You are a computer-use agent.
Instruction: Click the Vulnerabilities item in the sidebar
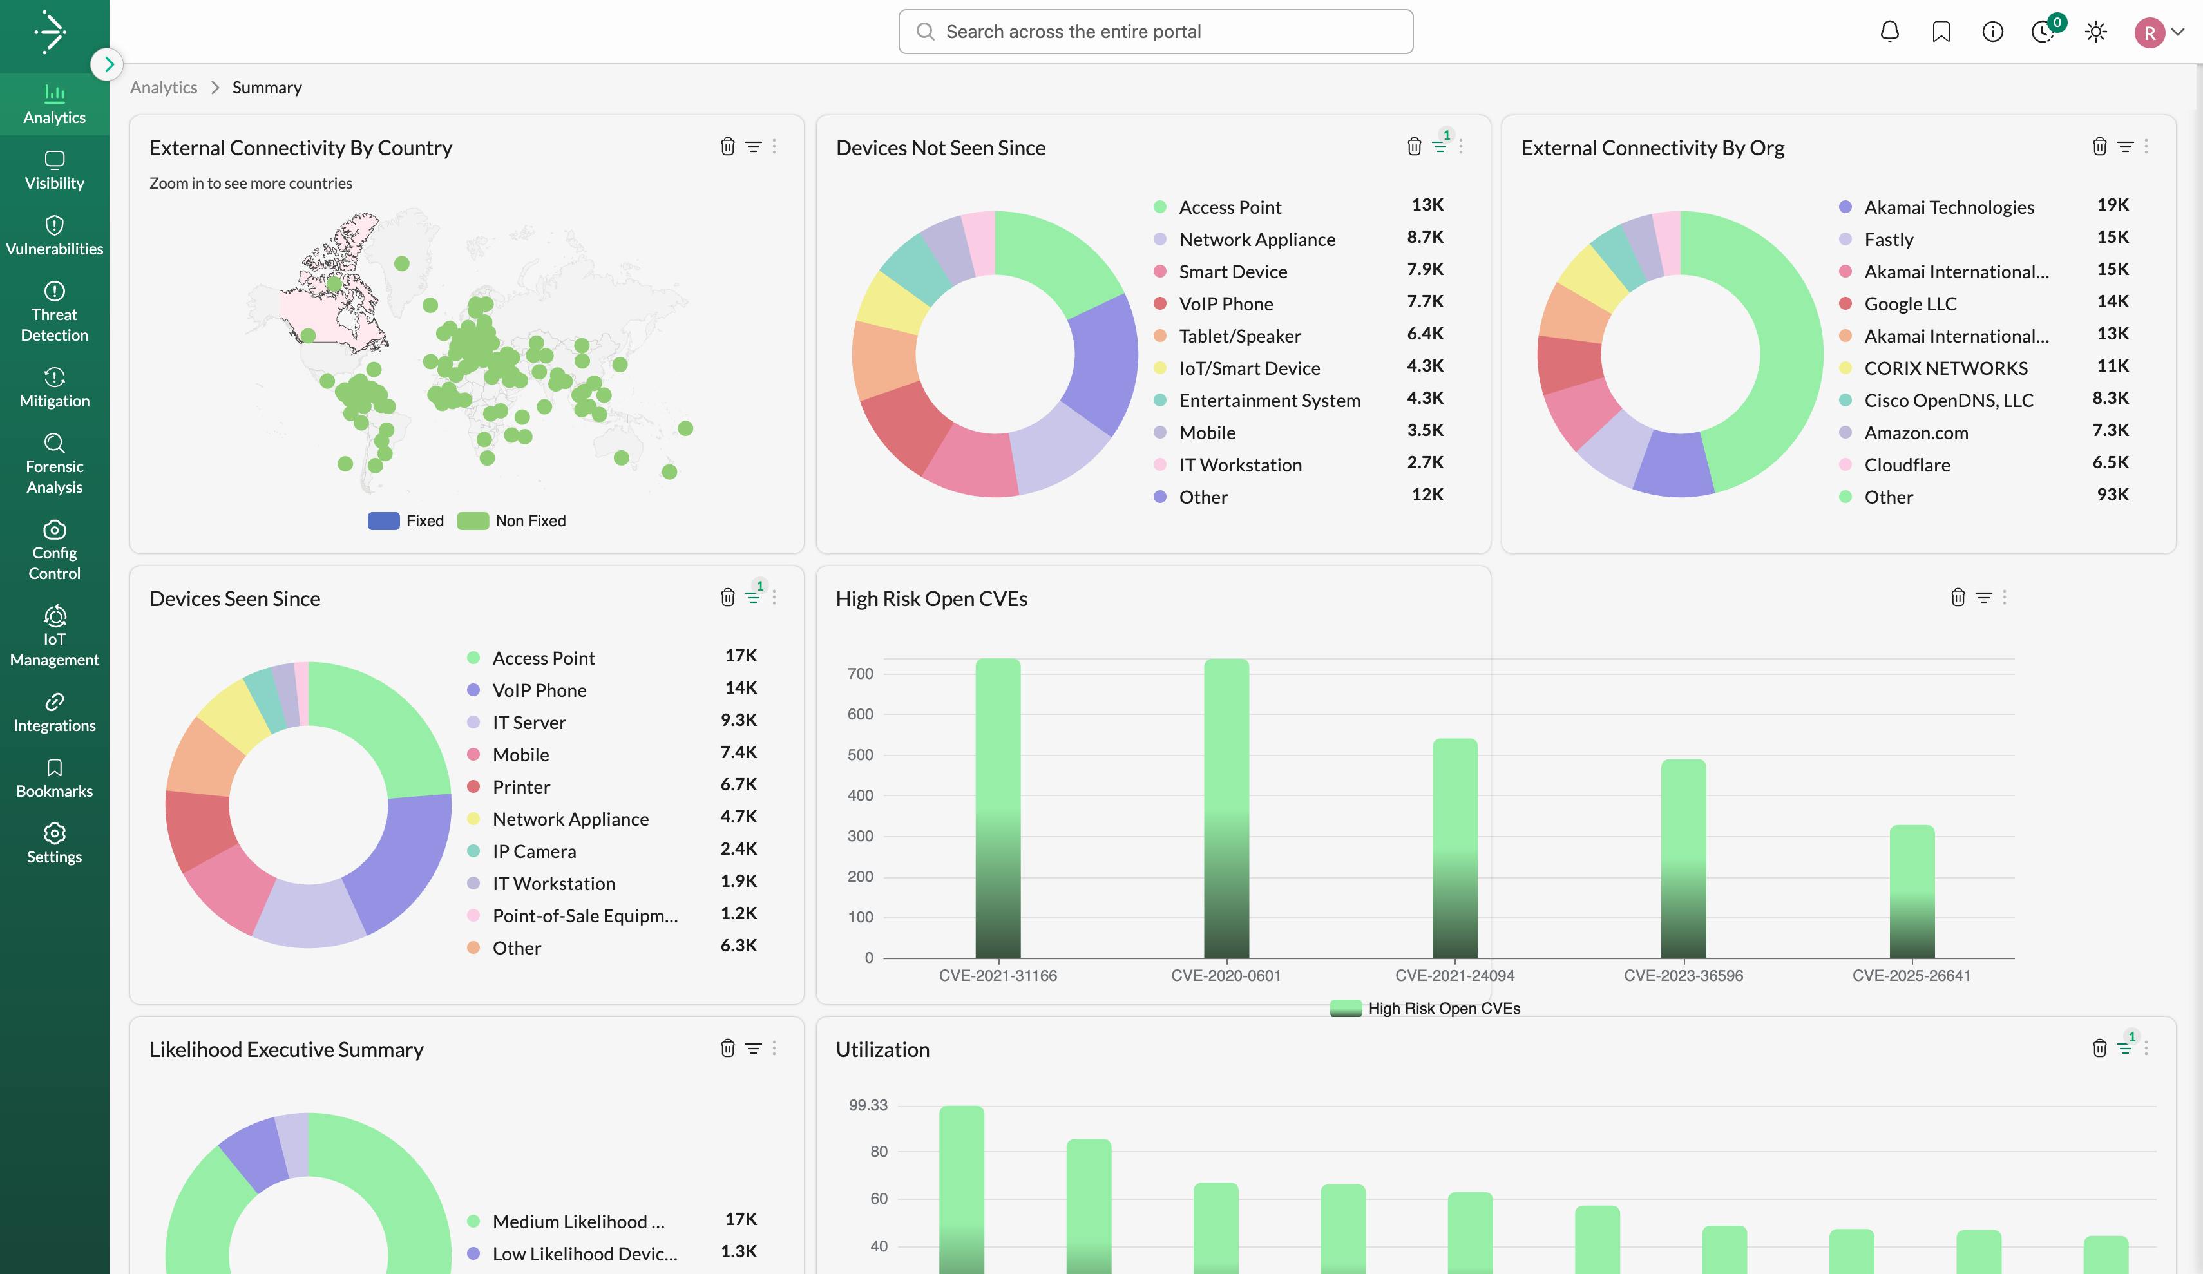[x=54, y=236]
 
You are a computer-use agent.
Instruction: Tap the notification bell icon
[x=1889, y=32]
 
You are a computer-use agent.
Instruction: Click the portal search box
[x=1156, y=32]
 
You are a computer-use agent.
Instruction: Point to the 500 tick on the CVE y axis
[x=859, y=755]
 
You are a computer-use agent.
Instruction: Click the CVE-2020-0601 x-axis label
[x=1226, y=975]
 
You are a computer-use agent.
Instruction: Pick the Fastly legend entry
[x=1888, y=240]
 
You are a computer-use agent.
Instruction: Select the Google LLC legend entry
[x=1910, y=303]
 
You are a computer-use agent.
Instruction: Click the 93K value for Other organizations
[x=2112, y=495]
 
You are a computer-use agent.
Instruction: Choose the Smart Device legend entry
[x=1233, y=272]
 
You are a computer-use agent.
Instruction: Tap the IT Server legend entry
[x=529, y=722]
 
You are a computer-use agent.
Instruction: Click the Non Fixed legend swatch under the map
[x=473, y=520]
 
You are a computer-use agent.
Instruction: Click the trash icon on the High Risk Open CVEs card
[x=1958, y=597]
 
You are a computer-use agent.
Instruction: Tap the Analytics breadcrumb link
[x=164, y=88]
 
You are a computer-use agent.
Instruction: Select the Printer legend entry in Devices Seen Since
[x=521, y=787]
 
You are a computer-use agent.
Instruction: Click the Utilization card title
[x=882, y=1049]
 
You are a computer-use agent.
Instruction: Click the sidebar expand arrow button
[x=108, y=64]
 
